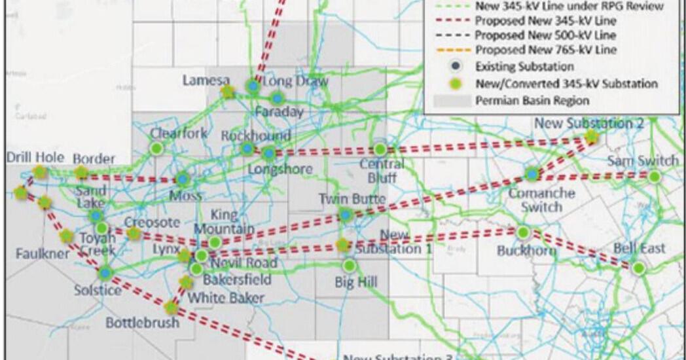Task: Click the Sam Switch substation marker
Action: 653,176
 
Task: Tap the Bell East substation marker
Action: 638,268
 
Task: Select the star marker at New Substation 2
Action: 591,136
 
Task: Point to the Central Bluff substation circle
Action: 380,150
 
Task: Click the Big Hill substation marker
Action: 350,265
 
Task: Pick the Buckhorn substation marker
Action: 523,232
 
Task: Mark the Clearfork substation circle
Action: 156,148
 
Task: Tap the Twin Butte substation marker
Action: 346,214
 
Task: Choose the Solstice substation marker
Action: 105,273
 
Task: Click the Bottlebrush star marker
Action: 171,307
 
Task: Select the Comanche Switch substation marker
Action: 532,174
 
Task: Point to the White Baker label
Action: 226,298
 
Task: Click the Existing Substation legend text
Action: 524,67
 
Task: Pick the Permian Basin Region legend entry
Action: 532,100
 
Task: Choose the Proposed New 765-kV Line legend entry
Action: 545,50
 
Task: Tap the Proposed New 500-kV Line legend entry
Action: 545,35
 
